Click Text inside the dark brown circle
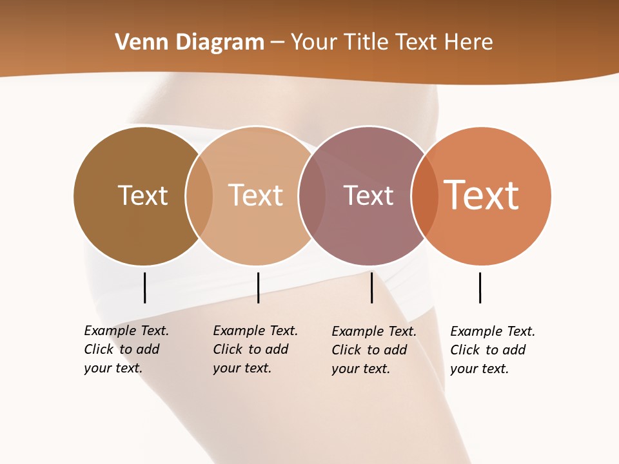pos(142,195)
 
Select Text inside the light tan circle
pos(255,195)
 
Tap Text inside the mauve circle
pos(368,195)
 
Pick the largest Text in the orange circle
pos(482,195)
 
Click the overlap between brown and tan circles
pos(199,195)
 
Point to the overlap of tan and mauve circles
pos(312,195)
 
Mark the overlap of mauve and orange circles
pos(424,195)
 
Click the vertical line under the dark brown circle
pos(144,287)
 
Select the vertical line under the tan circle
pos(258,287)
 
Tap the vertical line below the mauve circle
pos(371,287)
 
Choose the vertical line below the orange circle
pos(480,287)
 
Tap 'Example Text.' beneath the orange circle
pos(493,331)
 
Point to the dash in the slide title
pos(277,43)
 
